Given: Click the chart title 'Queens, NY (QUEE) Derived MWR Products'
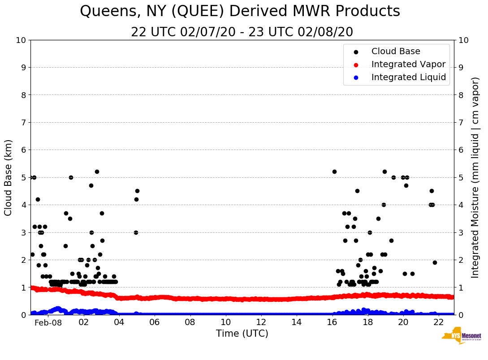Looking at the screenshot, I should tap(240, 12).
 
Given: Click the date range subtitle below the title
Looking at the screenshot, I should tap(242, 32).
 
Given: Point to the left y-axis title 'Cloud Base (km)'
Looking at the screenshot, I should tap(9, 177).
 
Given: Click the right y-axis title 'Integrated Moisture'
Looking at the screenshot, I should tap(475, 177).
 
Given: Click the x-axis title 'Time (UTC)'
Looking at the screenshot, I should tap(242, 334).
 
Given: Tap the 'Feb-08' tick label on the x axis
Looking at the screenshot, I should tap(48, 323).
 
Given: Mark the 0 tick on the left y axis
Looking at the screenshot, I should tap(23, 315).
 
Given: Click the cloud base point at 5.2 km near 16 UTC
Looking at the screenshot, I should tap(334, 171).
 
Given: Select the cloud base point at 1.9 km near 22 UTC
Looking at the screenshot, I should tap(435, 262).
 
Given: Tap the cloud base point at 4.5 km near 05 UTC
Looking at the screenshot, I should tap(137, 191).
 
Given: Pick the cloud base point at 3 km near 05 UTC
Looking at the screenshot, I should tap(136, 232).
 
